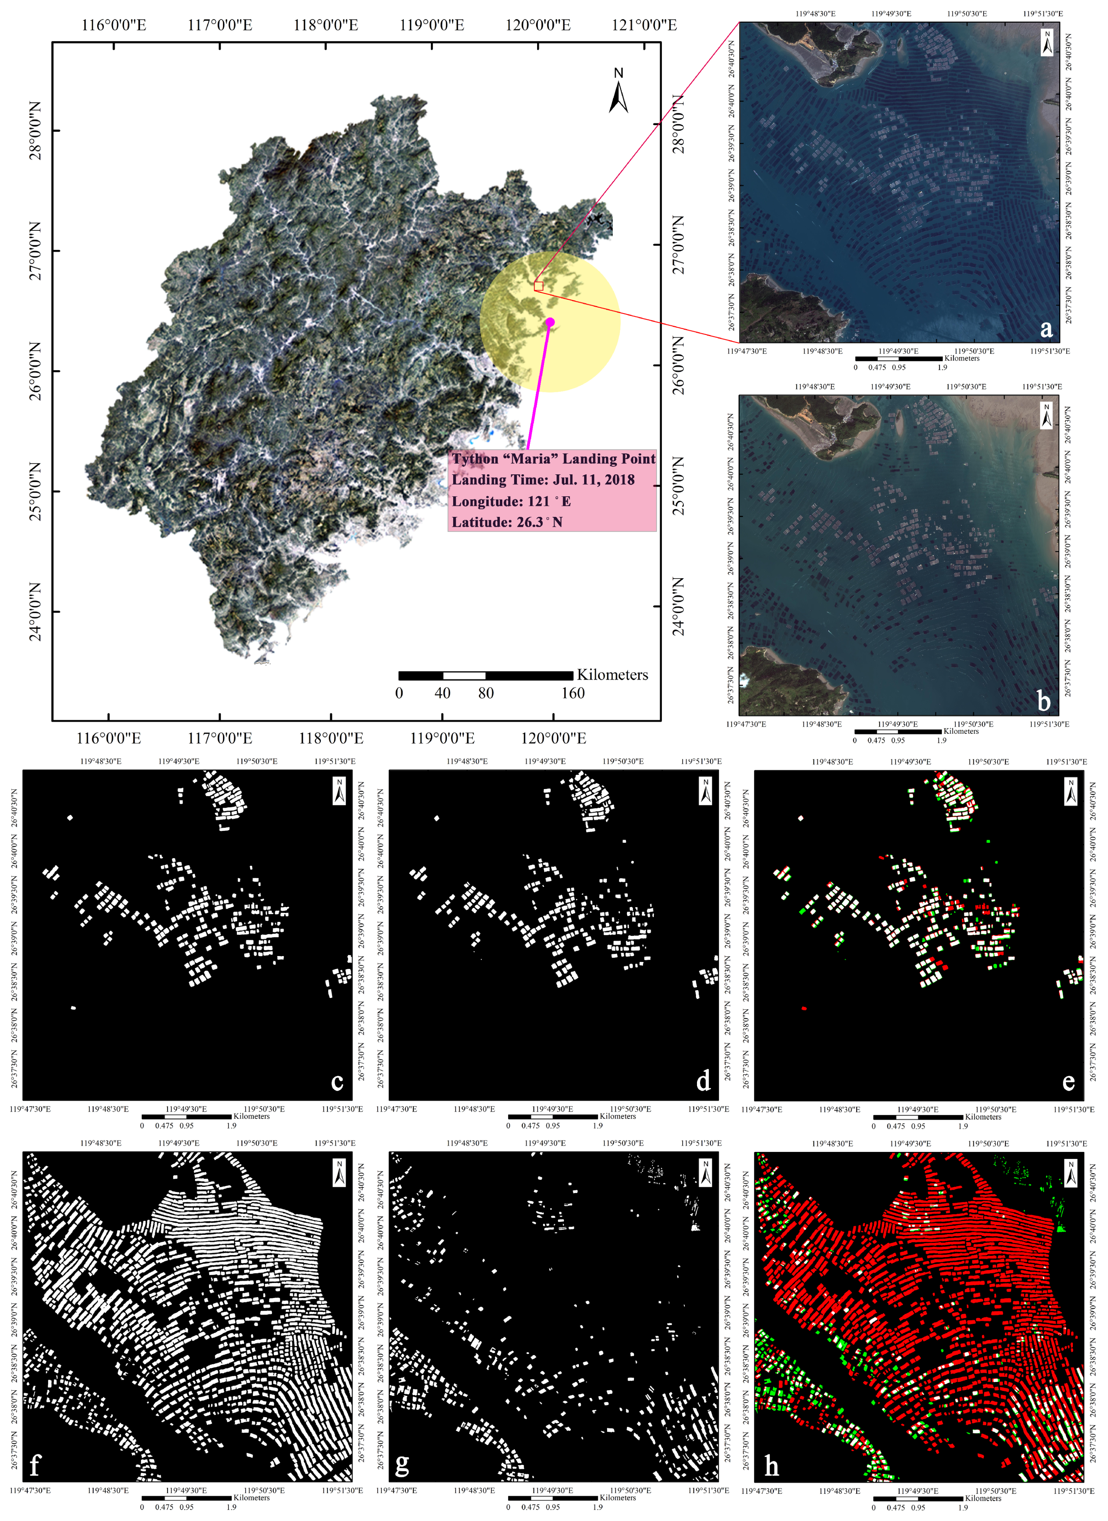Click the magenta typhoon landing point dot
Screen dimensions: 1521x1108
tap(550, 322)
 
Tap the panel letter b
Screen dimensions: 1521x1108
tap(1044, 701)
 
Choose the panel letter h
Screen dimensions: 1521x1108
tap(771, 1465)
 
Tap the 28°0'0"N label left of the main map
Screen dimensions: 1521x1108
tap(35, 131)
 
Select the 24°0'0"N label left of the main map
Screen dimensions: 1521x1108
tap(35, 612)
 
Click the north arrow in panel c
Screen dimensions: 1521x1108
tap(340, 790)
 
